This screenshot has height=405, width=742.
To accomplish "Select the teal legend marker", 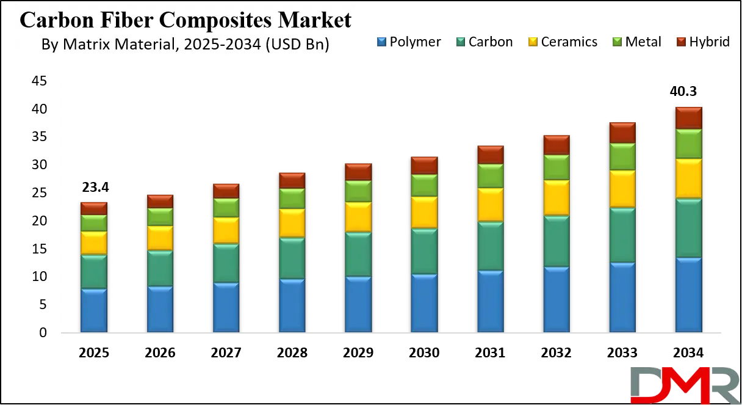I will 461,42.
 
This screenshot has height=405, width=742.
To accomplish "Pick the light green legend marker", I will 617,42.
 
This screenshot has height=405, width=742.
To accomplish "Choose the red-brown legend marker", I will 680,42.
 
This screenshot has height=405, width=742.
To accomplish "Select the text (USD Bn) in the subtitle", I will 298,45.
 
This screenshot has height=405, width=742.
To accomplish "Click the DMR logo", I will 684,384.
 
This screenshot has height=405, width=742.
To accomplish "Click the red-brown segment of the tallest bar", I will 689,118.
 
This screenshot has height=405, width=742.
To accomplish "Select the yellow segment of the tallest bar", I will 689,178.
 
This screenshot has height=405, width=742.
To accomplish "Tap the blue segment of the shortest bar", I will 94,310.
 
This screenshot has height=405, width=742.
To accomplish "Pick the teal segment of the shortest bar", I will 94,272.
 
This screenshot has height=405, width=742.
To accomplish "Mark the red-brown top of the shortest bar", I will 94,208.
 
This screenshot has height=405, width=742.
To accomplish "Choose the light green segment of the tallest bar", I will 689,144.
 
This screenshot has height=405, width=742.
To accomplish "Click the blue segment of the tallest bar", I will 689,295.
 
